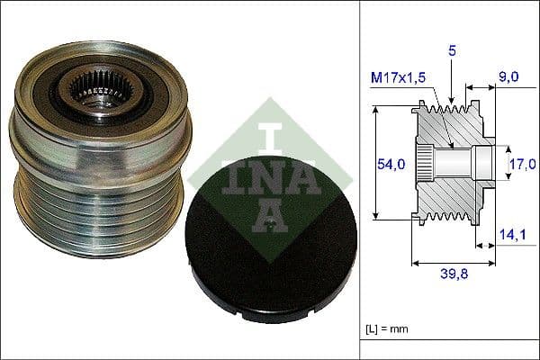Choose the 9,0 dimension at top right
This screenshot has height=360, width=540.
509,78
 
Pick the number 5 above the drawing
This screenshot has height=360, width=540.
454,51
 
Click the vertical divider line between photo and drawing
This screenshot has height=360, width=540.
360,180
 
